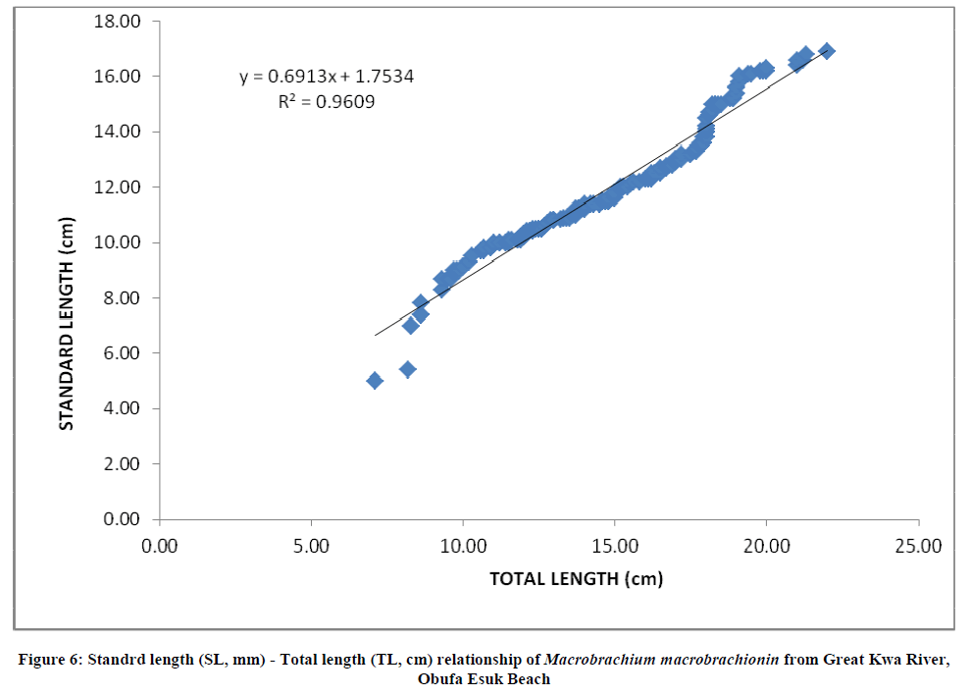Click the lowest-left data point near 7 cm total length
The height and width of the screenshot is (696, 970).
pyautogui.click(x=375, y=380)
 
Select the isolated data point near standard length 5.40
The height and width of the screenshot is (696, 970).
pyautogui.click(x=408, y=369)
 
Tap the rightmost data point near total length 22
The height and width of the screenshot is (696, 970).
pyautogui.click(x=827, y=51)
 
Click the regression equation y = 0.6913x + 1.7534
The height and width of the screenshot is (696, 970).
pyautogui.click(x=327, y=76)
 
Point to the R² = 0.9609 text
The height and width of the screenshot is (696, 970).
pyautogui.click(x=326, y=100)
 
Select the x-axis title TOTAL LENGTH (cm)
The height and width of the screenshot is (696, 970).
pyautogui.click(x=577, y=578)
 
